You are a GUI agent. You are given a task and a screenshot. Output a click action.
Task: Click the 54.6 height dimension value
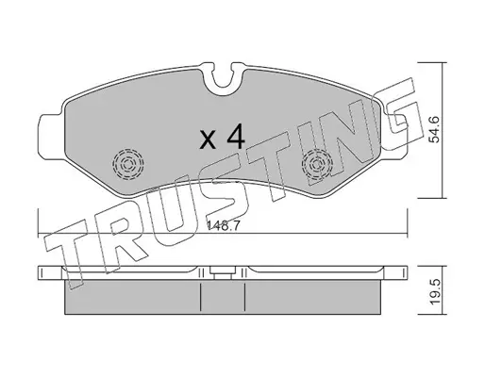click(434, 129)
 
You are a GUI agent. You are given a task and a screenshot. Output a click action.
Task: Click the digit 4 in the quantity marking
click(236, 136)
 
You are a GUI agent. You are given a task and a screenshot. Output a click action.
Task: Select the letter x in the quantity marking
click(209, 140)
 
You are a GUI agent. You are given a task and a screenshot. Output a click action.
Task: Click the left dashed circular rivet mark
click(128, 164)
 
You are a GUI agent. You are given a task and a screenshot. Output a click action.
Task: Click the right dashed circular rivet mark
click(317, 164)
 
